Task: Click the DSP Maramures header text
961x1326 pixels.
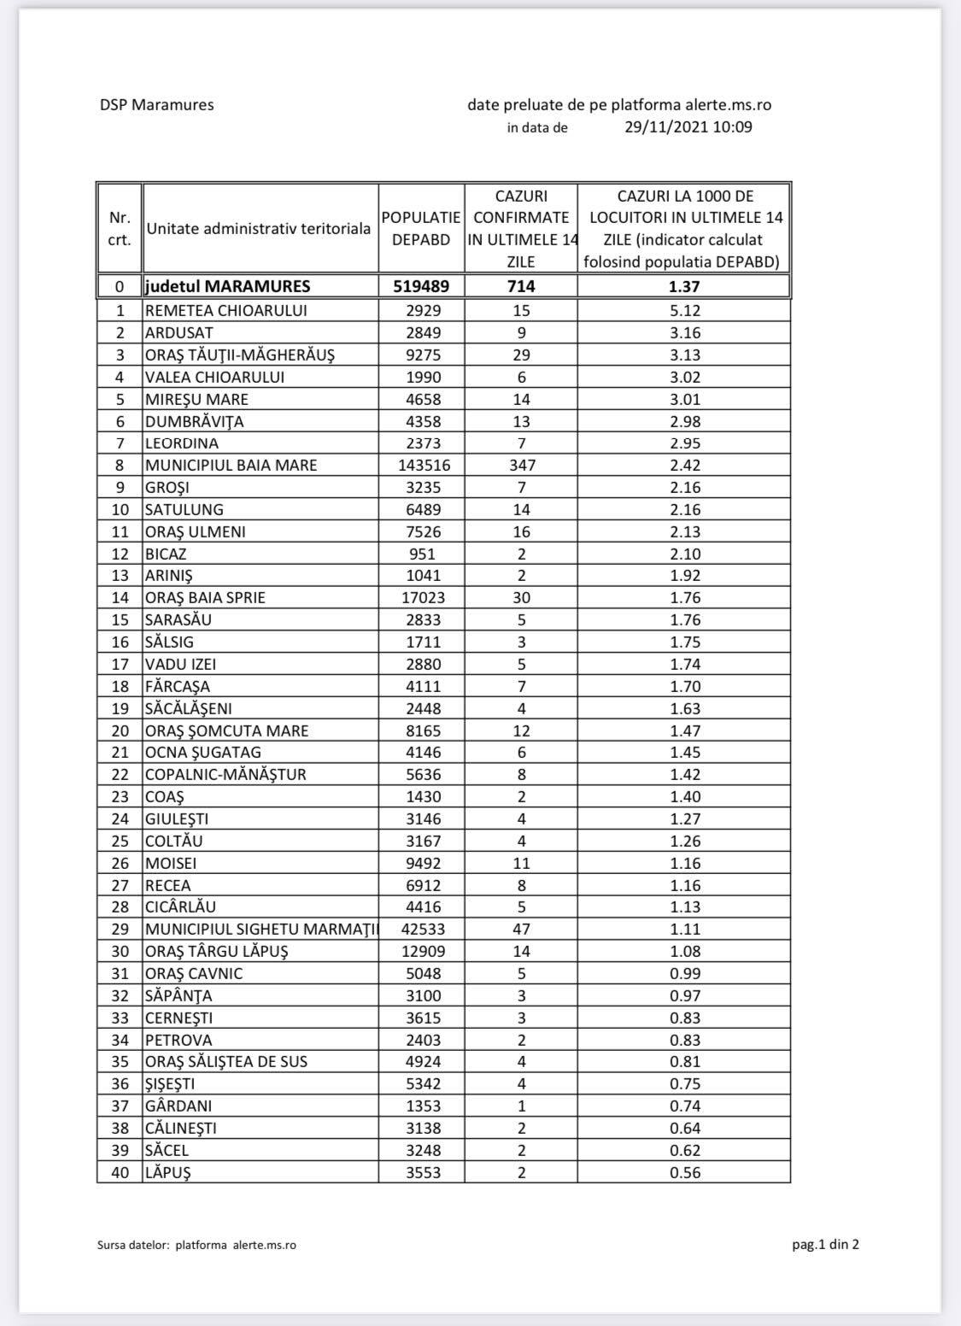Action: coord(156,105)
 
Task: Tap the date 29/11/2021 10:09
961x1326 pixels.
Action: coord(688,127)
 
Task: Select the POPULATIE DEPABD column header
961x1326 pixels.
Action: coord(421,229)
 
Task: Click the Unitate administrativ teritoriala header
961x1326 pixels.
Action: coord(259,229)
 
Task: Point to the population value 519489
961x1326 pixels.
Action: coord(421,286)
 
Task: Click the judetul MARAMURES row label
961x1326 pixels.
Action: coord(227,286)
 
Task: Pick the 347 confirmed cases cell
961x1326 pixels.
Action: coord(521,466)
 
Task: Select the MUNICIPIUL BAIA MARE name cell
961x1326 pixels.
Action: coord(231,466)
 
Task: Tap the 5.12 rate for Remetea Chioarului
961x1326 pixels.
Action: coord(684,311)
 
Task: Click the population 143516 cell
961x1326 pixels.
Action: coord(421,466)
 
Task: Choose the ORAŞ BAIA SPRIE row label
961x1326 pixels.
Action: coord(205,598)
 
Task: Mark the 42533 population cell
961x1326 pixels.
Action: coord(421,929)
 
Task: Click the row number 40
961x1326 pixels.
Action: coord(120,1172)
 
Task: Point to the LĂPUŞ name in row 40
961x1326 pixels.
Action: coord(167,1172)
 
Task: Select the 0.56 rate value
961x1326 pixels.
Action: coord(684,1172)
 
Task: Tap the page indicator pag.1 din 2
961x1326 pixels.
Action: coord(825,1244)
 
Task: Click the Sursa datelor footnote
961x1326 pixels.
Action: coord(196,1245)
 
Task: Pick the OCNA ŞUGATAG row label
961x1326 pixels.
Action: coord(202,753)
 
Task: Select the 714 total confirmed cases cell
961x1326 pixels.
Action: coord(521,286)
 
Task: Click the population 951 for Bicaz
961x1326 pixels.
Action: coord(421,554)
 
